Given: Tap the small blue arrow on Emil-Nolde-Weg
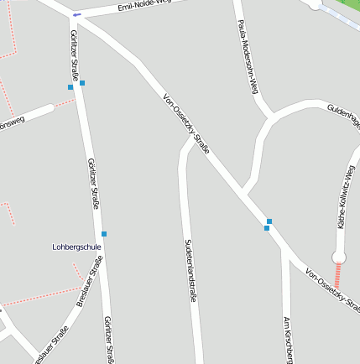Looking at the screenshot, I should [77, 15].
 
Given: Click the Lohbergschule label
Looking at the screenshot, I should [76, 247].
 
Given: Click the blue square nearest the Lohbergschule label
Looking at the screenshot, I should [104, 233].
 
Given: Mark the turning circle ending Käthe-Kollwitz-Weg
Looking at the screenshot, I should [340, 257].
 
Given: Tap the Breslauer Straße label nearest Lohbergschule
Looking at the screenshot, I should [90, 281].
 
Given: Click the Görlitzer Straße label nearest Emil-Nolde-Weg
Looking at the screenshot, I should [75, 51].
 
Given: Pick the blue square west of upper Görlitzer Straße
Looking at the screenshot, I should [70, 86].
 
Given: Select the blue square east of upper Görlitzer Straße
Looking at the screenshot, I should [82, 82].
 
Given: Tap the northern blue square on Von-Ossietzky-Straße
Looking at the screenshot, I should [269, 221].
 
